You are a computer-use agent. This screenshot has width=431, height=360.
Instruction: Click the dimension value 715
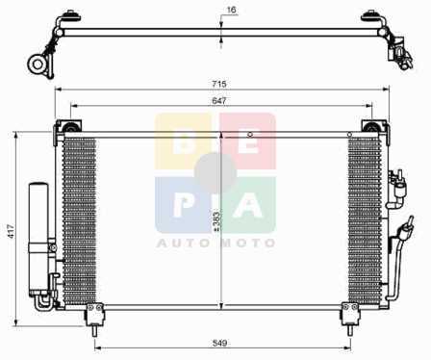[x=219, y=84]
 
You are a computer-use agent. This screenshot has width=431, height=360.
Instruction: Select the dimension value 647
[x=219, y=101]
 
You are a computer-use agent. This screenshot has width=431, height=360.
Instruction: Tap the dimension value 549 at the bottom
[x=220, y=343]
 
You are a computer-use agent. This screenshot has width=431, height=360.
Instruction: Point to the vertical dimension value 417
[x=12, y=231]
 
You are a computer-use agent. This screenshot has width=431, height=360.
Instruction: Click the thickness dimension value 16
[x=231, y=10]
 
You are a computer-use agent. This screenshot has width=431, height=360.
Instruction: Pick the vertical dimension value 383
[x=217, y=220]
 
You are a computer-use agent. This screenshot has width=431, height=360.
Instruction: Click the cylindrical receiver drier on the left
[x=38, y=238]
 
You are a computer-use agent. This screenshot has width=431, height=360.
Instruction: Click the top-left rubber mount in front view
[x=69, y=126]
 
